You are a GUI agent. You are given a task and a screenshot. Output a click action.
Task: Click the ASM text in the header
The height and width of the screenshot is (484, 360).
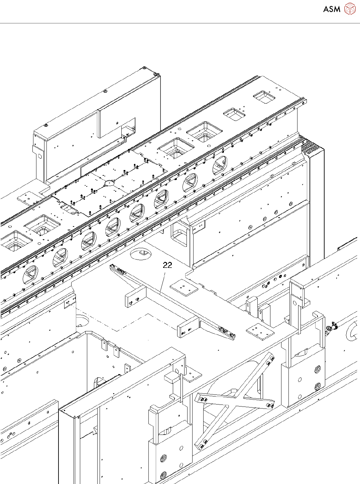coord(332,9)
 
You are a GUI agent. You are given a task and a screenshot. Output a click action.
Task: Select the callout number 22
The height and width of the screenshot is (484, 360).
coord(167,265)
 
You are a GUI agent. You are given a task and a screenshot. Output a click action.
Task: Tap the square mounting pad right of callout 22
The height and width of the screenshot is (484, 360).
coord(184,287)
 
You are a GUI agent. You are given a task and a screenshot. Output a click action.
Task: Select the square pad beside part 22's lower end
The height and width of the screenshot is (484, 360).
coord(260,330)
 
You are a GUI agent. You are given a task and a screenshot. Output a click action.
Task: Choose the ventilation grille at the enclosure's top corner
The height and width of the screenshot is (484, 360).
coord(311,147)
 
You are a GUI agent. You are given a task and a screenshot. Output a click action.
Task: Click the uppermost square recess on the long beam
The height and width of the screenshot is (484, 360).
coord(264,97)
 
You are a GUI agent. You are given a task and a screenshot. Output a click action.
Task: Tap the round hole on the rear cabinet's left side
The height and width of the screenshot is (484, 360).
coord(40,156)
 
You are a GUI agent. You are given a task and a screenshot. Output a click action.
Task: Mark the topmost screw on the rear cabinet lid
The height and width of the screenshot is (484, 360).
coord(144,68)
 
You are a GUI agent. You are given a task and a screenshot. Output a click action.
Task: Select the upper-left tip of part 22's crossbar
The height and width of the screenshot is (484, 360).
coord(112,266)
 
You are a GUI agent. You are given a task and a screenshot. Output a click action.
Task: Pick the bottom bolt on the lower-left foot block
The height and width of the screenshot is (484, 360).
coord(163,475)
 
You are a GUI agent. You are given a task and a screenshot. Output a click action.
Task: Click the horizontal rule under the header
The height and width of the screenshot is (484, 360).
coord(180,23)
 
